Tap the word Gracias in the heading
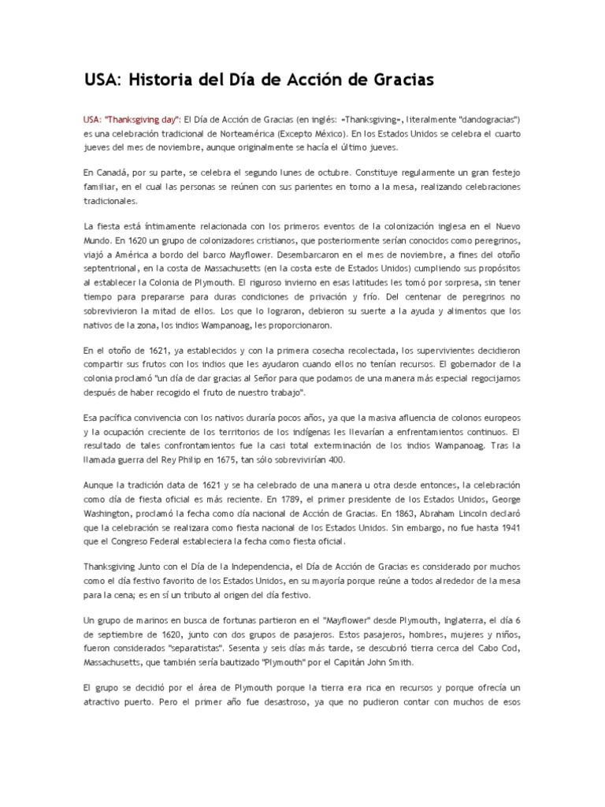click(x=395, y=80)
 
